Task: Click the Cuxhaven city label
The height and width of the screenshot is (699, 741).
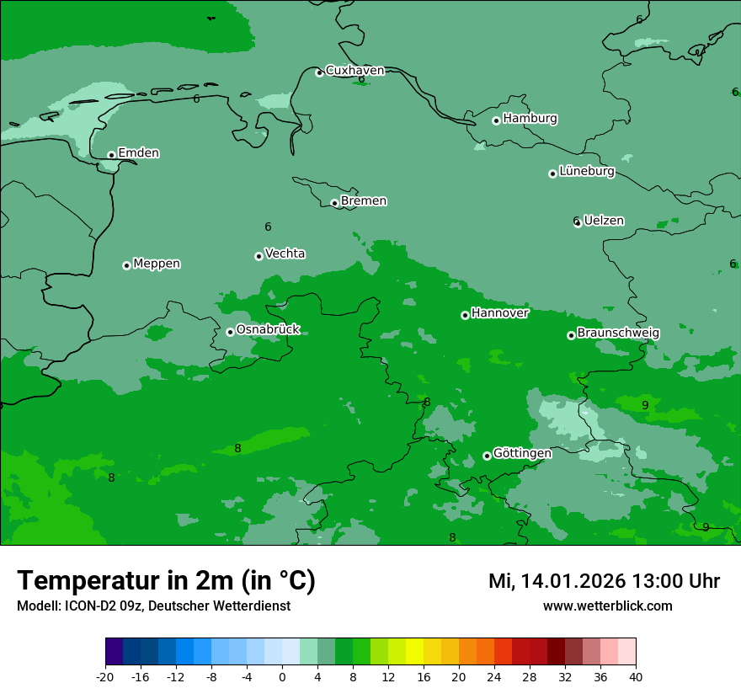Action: pos(355,71)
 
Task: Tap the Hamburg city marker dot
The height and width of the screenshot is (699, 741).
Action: pos(496,120)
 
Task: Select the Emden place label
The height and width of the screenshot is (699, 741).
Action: pos(138,153)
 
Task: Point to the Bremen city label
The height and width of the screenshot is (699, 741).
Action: pos(363,201)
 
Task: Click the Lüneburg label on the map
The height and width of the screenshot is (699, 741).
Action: pos(586,172)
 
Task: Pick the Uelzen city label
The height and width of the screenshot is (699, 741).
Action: pos(604,221)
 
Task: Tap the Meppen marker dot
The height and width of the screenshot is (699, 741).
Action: pos(126,265)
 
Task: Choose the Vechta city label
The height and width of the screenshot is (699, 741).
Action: pos(285,253)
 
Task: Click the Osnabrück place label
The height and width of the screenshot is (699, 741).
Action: pos(268,329)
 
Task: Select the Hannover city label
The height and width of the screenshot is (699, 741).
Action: pos(499,313)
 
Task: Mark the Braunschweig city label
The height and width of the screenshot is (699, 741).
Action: pos(618,333)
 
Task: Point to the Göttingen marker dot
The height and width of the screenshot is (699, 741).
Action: pos(487,456)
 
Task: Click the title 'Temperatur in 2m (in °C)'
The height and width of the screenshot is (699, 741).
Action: pos(166,581)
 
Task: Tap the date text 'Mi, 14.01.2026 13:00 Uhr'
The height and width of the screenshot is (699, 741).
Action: pos(604,581)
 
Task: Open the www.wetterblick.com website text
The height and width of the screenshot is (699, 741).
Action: pos(607,606)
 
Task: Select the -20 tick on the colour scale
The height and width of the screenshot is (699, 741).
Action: pos(105,677)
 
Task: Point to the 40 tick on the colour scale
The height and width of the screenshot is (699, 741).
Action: pos(636,677)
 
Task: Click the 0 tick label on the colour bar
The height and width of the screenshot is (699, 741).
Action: pos(282,677)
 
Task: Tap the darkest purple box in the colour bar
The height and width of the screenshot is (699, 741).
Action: pos(114,652)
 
